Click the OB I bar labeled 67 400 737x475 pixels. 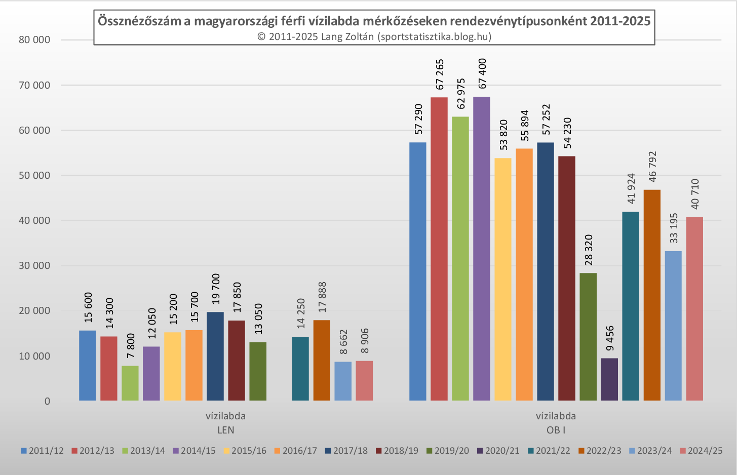[x=482, y=248]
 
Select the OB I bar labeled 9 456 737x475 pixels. [x=609, y=379]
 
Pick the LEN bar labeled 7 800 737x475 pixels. [x=130, y=383]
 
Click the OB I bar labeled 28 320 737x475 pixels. [x=588, y=337]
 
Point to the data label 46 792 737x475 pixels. [x=652, y=167]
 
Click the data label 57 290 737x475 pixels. [x=418, y=119]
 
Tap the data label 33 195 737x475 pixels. [x=674, y=228]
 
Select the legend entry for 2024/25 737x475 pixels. [x=701, y=451]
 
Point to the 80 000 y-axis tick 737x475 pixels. [x=34, y=40]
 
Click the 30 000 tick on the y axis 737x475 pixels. [x=34, y=266]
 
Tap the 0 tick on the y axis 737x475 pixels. [x=47, y=402]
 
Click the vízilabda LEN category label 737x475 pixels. [x=226, y=423]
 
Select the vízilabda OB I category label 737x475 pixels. [x=556, y=423]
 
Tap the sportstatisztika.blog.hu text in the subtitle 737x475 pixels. [x=434, y=36]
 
